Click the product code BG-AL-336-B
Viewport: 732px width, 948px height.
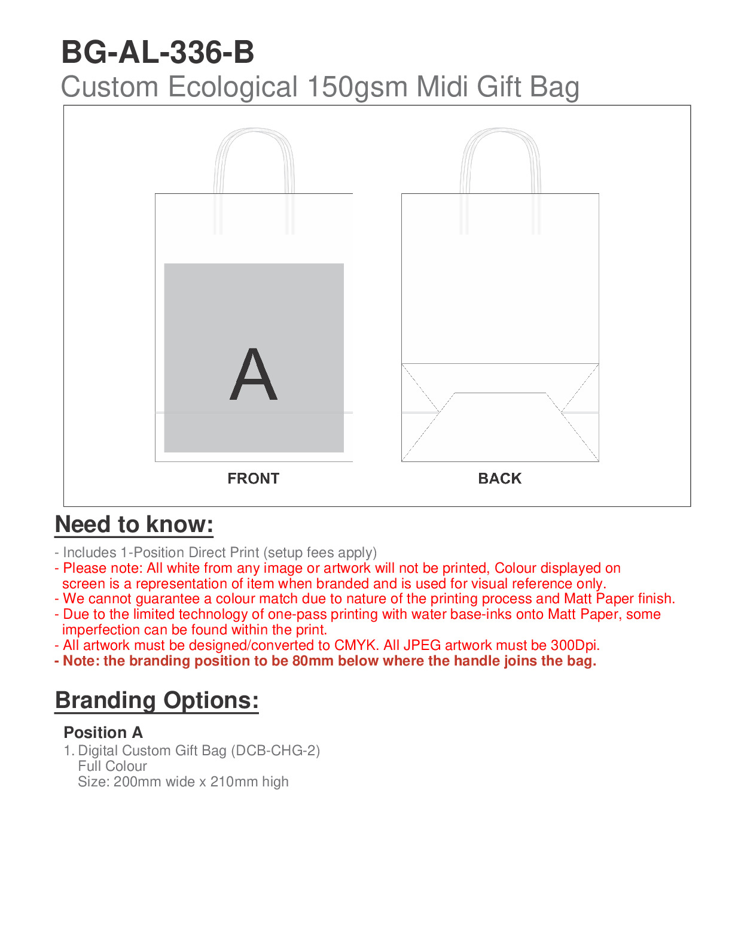click(x=158, y=53)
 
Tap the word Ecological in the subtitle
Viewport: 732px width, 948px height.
click(x=233, y=87)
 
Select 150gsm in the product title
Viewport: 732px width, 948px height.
click(x=357, y=87)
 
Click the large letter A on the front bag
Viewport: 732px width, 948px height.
click(x=254, y=375)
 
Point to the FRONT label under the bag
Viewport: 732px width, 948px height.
click(x=254, y=479)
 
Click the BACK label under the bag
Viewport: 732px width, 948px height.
click(x=500, y=479)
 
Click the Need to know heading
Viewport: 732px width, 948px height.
click(x=134, y=525)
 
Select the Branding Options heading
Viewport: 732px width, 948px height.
click(x=157, y=700)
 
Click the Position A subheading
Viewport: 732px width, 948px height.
click(x=103, y=733)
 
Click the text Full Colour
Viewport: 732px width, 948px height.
click(x=112, y=766)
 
